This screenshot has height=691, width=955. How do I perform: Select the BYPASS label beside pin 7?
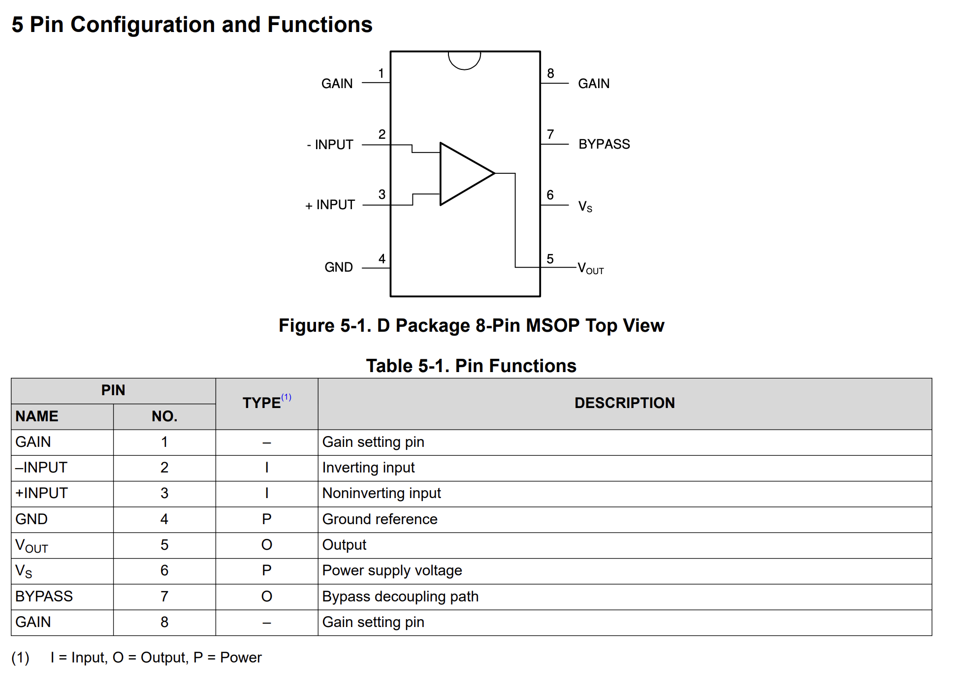click(604, 144)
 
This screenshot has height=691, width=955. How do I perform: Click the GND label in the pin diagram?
click(339, 267)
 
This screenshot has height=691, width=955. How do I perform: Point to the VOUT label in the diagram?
click(590, 269)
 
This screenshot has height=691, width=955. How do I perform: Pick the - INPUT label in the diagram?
click(330, 145)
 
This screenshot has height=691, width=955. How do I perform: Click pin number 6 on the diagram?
click(550, 195)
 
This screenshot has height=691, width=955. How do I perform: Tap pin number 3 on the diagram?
click(382, 195)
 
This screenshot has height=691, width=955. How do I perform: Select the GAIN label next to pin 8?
click(594, 84)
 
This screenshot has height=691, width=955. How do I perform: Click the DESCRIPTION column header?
click(624, 403)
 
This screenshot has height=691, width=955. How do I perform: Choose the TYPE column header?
click(262, 403)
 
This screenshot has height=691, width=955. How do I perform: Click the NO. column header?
click(164, 416)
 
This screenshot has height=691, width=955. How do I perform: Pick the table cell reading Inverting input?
click(368, 468)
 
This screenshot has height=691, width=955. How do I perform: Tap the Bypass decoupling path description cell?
click(400, 597)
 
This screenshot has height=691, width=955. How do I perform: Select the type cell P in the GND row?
click(266, 519)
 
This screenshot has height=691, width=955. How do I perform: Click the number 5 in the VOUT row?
click(164, 545)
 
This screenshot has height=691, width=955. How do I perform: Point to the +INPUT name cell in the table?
click(41, 493)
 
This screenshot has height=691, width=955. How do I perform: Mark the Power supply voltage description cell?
click(392, 570)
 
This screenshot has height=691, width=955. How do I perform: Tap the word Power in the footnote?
click(241, 658)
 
